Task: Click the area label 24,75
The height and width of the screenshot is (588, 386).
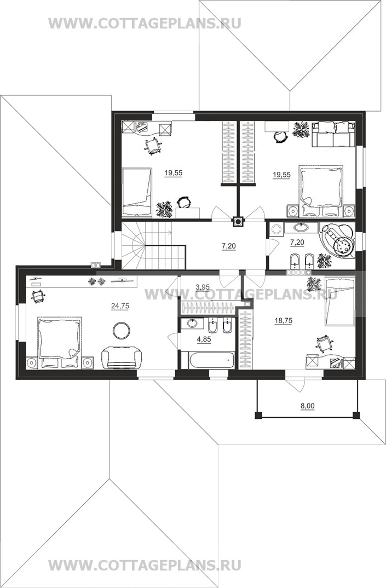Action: [120, 306]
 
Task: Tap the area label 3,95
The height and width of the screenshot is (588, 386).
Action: [203, 287]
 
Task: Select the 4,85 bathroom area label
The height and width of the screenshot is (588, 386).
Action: [204, 339]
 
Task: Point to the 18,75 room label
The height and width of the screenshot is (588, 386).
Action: [284, 321]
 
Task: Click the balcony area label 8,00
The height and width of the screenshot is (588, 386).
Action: [308, 406]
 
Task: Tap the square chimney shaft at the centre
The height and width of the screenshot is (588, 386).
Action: [238, 222]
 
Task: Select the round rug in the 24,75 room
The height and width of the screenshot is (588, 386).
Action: [122, 330]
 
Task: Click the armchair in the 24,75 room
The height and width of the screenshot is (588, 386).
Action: [122, 358]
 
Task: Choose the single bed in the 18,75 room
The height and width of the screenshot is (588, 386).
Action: [340, 302]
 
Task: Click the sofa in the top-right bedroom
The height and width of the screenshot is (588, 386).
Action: [333, 134]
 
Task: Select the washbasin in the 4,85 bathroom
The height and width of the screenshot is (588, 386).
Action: [192, 323]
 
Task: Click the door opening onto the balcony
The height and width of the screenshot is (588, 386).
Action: [295, 385]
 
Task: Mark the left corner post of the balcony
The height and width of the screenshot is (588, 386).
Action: [258, 416]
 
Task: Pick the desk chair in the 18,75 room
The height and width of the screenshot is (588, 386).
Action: [324, 343]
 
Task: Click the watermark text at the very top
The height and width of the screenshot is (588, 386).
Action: [145, 24]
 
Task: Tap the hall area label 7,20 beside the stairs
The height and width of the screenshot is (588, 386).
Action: [229, 246]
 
